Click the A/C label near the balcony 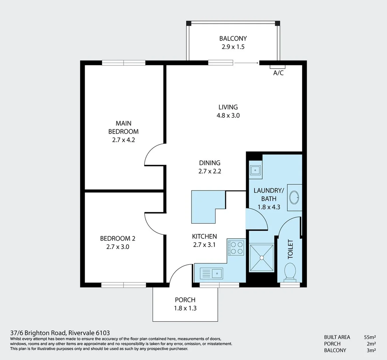278,73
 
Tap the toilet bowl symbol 290,271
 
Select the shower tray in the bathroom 262,258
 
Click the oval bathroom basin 294,198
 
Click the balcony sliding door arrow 246,62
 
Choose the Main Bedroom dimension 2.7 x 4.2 123,140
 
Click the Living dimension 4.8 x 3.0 228,116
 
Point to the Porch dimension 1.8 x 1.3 185,308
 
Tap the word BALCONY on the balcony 233,39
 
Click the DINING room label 209,163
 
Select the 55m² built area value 370,337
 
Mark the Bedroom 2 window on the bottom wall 124,285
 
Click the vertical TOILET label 290,249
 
